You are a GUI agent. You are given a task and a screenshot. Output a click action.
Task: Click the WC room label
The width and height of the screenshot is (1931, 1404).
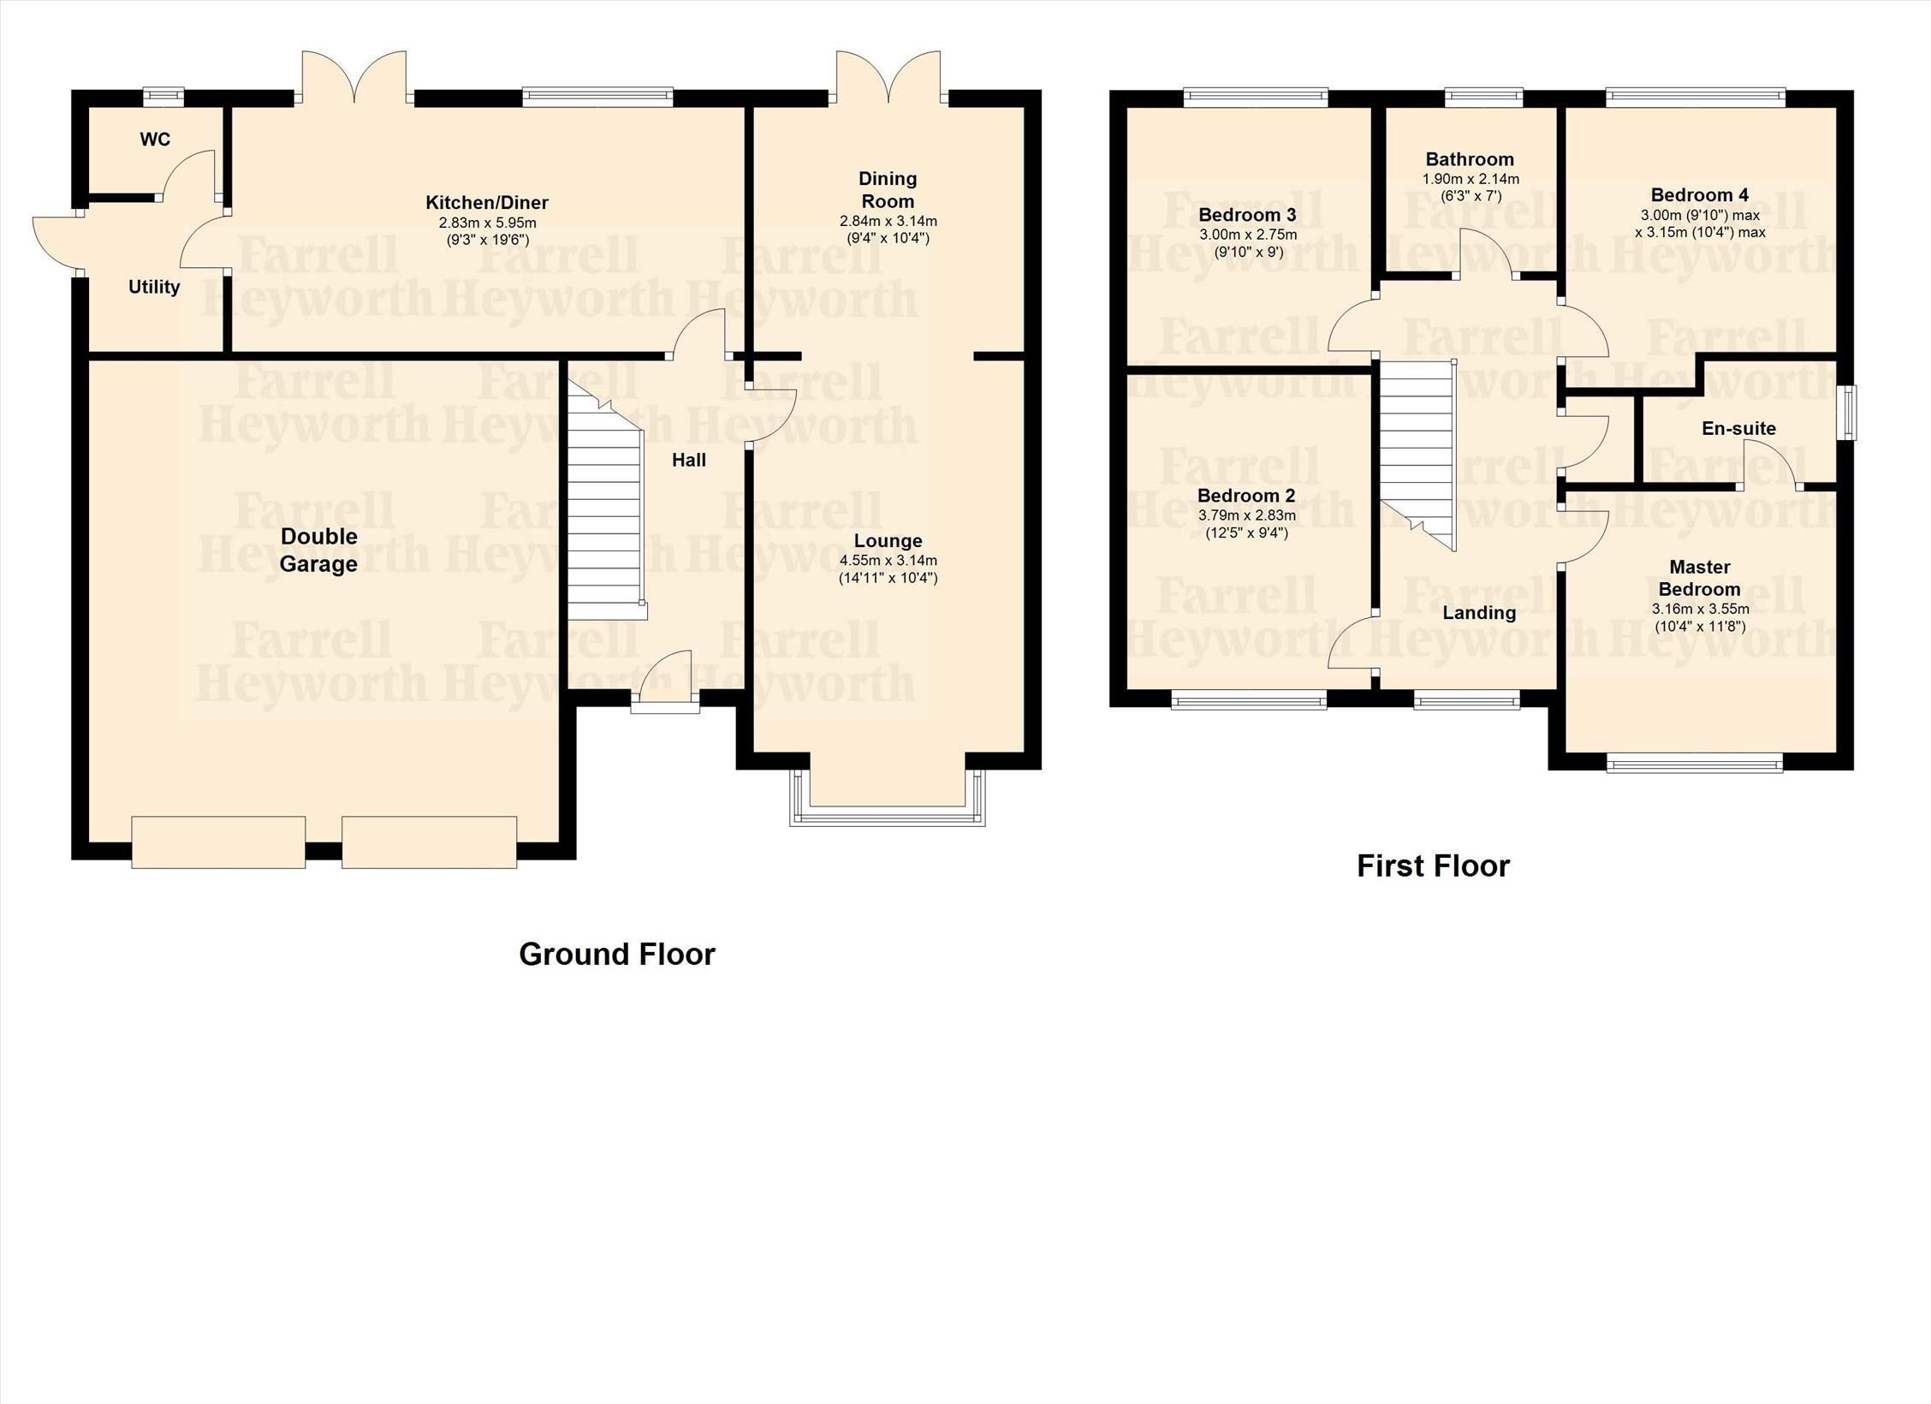click(155, 139)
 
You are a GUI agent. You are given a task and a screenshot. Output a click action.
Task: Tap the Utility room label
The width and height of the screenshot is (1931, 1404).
click(154, 287)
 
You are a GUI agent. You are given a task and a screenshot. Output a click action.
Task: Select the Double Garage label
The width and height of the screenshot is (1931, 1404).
click(318, 550)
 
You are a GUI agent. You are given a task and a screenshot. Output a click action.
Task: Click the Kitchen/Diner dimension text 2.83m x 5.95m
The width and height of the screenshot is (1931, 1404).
click(487, 223)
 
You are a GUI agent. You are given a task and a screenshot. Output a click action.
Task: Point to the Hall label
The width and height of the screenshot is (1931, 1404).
click(689, 461)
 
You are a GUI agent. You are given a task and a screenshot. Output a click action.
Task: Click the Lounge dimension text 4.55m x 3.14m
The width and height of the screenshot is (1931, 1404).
click(888, 561)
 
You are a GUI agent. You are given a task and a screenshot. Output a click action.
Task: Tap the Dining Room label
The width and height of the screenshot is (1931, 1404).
click(888, 190)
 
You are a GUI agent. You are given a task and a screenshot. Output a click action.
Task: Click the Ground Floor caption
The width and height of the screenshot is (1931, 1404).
click(617, 954)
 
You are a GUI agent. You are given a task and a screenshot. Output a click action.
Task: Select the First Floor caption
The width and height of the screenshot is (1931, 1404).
click(1434, 866)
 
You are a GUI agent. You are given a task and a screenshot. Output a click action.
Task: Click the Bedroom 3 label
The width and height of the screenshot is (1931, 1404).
click(1247, 214)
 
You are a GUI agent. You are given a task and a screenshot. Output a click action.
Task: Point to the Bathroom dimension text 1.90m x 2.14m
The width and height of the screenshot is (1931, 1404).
click(1471, 179)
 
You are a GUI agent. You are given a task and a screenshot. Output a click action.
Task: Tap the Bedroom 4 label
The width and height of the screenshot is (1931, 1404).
click(1700, 194)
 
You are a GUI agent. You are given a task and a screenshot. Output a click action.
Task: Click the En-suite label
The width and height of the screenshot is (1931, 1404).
click(1738, 428)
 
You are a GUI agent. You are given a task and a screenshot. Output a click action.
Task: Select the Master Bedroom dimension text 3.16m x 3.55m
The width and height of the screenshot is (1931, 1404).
click(1700, 609)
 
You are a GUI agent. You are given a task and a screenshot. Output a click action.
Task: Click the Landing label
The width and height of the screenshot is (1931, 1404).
click(1479, 612)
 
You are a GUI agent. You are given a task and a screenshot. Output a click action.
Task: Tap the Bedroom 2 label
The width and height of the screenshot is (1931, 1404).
click(1246, 496)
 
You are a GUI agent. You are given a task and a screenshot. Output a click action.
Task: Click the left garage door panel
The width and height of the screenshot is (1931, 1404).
click(218, 842)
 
